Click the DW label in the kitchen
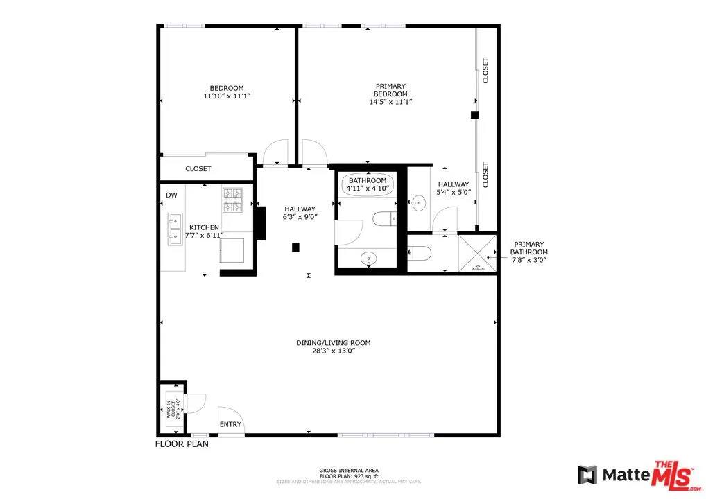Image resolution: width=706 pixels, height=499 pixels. pos(171,195)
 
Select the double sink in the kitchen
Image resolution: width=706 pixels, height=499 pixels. pos(174,229)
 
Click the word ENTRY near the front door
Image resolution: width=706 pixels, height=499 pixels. pos(230,424)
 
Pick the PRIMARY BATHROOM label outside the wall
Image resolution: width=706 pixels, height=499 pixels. pos(530,252)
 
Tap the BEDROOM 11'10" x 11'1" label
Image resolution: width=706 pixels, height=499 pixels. pos(227,92)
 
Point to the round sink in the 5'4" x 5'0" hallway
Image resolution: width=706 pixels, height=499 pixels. pos(418,204)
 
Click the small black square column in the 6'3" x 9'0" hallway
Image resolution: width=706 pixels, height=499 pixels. pos(295,247)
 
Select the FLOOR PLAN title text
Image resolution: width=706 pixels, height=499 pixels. pos(181,444)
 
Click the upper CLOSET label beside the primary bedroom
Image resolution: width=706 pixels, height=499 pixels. pos(485,71)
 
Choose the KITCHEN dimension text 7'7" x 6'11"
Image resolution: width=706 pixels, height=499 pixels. pos(204,236)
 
